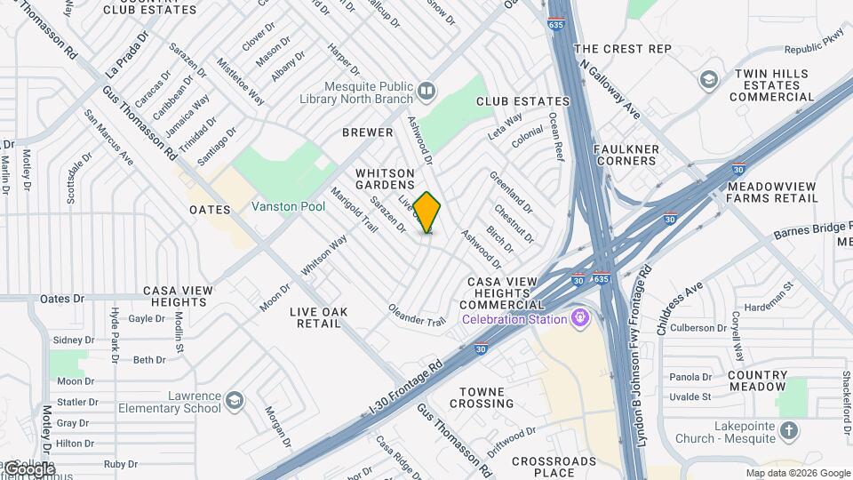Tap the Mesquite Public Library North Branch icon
click(426, 91)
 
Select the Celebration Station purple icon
click(581, 317)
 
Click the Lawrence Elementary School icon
click(234, 401)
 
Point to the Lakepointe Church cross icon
click(788, 432)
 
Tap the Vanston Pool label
click(288, 206)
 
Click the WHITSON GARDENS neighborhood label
click(385, 180)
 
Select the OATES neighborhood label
click(210, 210)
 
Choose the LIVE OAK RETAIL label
click(318, 317)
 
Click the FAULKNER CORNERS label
click(625, 155)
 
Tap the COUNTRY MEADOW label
click(757, 380)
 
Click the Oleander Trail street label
click(416, 315)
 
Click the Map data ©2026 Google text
click(797, 473)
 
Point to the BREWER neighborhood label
click(368, 132)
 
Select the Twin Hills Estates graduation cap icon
click(708, 80)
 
